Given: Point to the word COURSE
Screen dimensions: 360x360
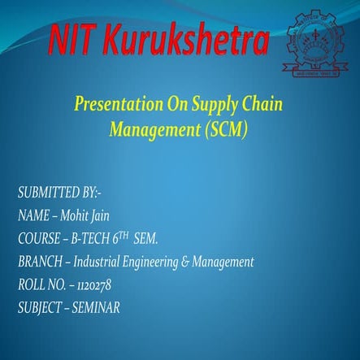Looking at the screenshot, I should (x=38, y=239).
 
